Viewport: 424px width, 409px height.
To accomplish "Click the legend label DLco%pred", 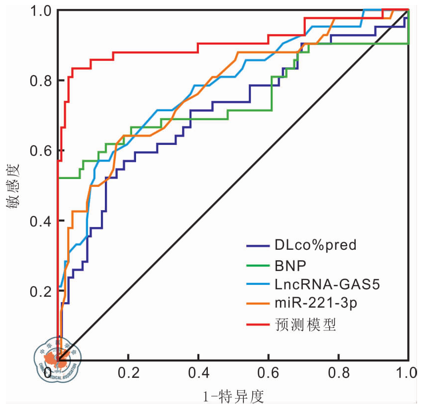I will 315,245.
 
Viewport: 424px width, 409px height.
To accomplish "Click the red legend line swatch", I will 257,325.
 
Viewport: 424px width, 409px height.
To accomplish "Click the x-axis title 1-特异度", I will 233,396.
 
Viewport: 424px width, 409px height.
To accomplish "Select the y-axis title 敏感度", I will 13,185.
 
